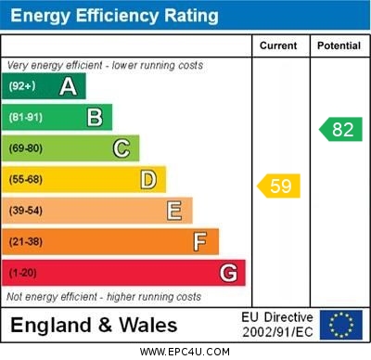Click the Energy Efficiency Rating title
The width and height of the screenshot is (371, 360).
(114, 16)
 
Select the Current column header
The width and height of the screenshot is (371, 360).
(278, 45)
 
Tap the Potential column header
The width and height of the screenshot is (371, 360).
(339, 45)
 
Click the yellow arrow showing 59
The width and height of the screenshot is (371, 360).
(279, 186)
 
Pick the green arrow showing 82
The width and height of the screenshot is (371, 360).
(340, 129)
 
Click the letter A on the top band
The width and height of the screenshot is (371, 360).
(68, 86)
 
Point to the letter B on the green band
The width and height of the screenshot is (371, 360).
(95, 117)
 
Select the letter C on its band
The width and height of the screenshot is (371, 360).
(122, 148)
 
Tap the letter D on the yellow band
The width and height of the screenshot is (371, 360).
(148, 179)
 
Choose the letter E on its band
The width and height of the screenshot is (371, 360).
(174, 211)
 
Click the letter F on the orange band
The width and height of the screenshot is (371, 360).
(200, 241)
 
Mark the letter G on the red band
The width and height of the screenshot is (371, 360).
(228, 273)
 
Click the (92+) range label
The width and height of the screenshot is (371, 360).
(21, 86)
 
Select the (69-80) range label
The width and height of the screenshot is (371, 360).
(25, 148)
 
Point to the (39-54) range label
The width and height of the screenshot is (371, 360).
(25, 211)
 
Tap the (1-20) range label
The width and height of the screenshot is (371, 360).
(22, 273)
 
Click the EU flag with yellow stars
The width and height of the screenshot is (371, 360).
(340, 325)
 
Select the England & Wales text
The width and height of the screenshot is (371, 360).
(94, 326)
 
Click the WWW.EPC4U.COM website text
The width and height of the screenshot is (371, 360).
(185, 352)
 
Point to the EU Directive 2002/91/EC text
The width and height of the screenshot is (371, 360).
(277, 325)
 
